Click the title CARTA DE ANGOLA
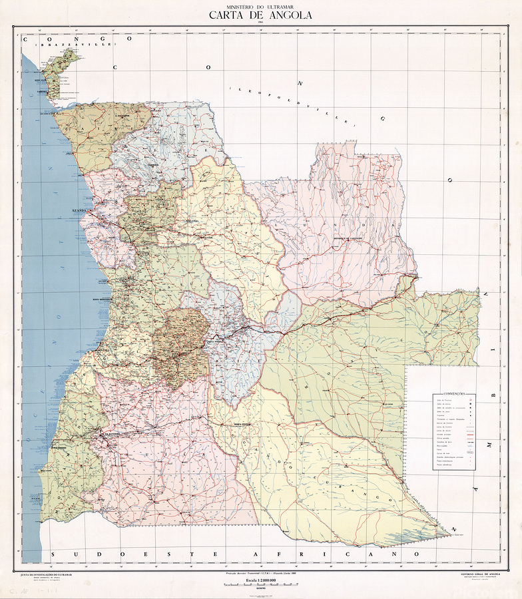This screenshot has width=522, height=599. (260, 15)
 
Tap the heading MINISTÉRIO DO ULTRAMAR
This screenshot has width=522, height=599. (260, 5)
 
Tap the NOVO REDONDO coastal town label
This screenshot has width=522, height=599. (98, 298)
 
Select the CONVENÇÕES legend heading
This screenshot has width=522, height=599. (451, 394)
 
